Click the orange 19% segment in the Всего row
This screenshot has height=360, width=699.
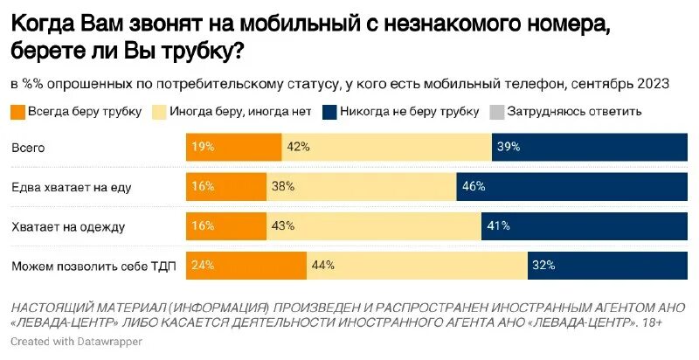233,147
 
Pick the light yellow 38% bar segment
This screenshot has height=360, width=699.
361,187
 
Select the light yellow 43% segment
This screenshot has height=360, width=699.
373,226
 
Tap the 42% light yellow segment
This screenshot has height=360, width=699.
386,147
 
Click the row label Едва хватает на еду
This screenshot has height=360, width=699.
72,187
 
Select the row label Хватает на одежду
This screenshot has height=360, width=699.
68,226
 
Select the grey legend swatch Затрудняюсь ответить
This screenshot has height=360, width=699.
496,111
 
